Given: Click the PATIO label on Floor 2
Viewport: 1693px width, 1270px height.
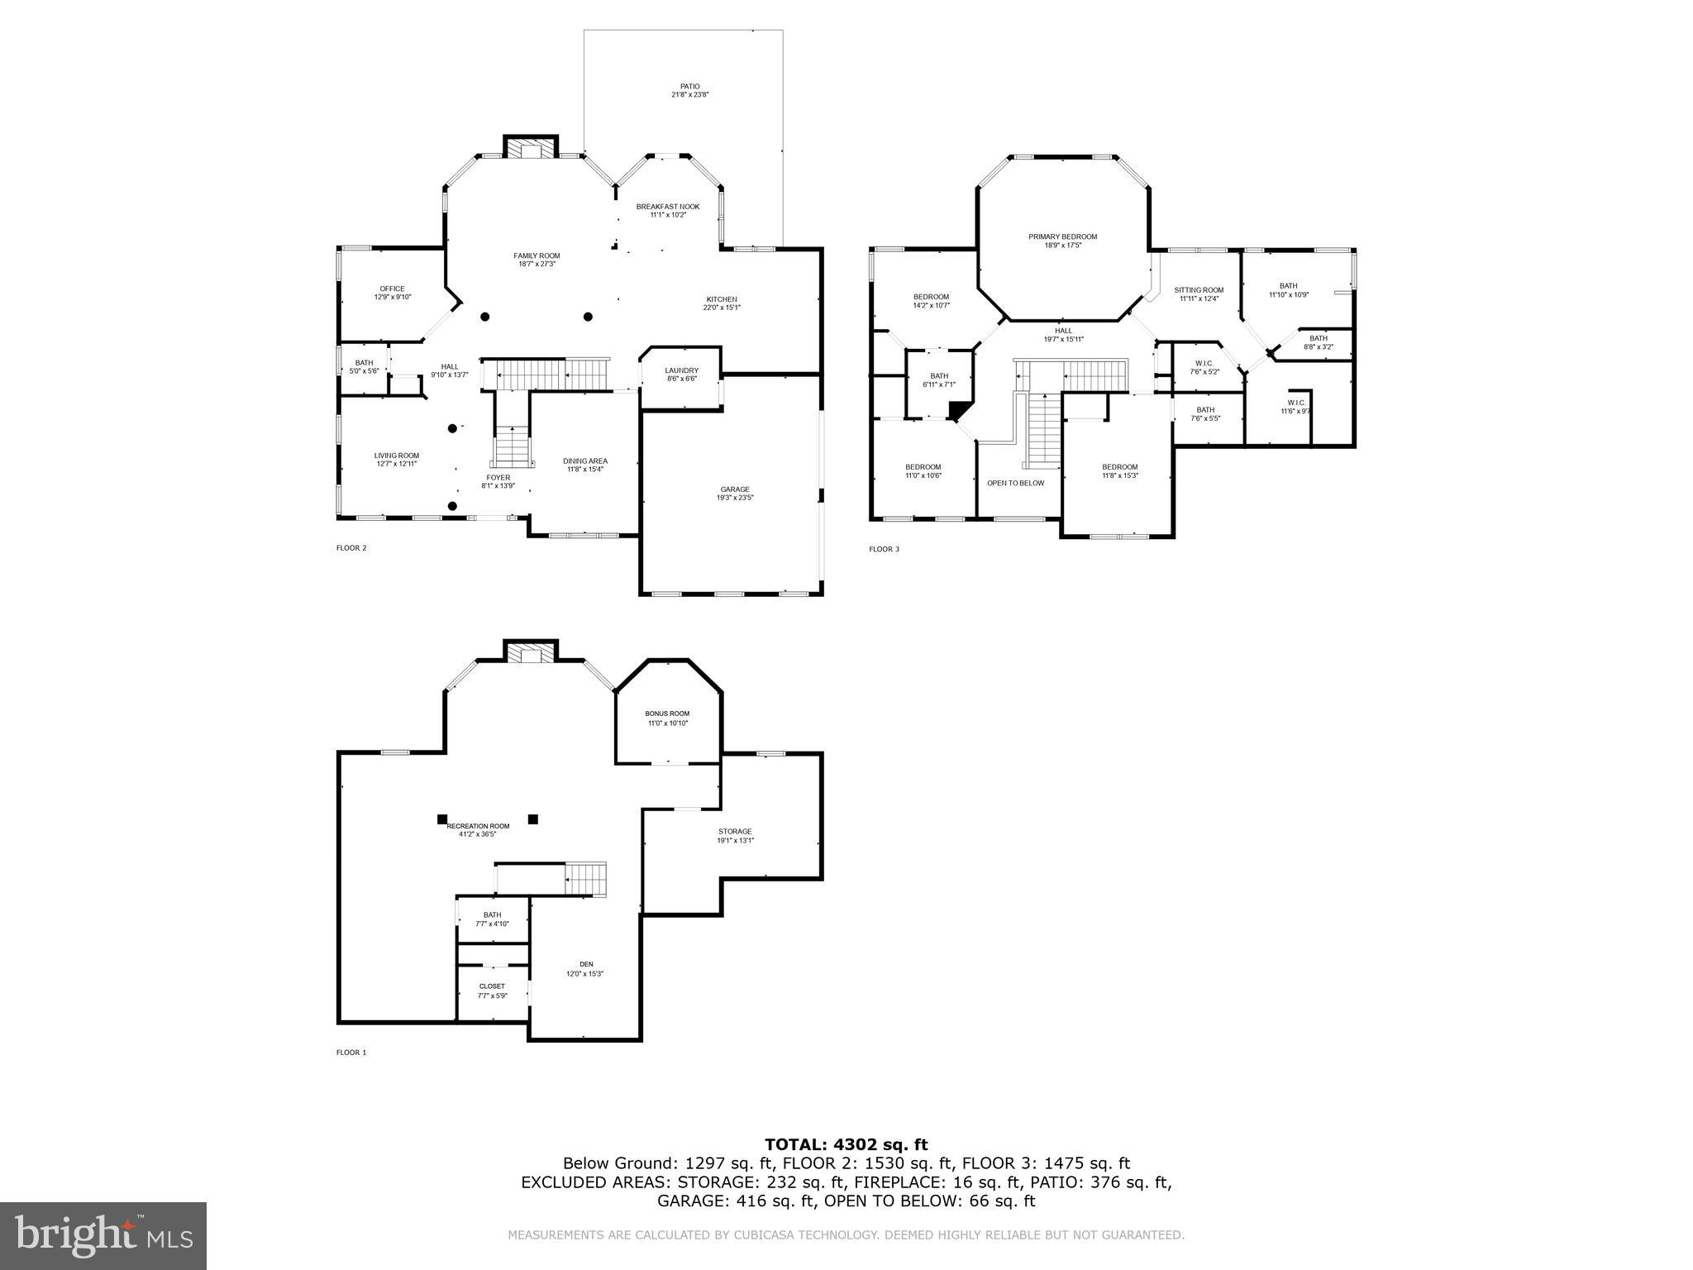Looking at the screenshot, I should pos(689,86).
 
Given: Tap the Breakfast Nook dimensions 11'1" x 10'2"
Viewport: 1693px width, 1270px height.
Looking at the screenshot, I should pos(668,215).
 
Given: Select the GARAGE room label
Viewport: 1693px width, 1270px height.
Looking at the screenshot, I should pos(735,489).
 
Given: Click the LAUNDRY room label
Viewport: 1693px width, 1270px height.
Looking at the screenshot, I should pos(681,370).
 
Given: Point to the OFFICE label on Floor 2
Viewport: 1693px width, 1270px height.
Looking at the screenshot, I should pos(392,289).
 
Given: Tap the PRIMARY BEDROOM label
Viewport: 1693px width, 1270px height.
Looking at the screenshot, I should pos(1062,236).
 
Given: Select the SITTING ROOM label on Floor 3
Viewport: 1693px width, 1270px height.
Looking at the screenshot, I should pos(1198,290).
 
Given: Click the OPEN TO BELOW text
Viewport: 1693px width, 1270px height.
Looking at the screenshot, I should pos(1015,483).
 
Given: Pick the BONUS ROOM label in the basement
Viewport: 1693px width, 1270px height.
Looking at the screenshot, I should pos(667,714).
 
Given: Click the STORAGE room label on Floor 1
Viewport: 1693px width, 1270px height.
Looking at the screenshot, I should pos(735,832).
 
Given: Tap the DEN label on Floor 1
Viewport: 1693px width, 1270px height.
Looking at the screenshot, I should pos(585,964).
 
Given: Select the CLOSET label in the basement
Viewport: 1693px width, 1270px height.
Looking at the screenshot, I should pos(492,986).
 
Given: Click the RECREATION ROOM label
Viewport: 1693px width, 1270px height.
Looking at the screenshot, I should pos(478,826).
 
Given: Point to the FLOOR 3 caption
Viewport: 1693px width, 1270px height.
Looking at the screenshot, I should pos(884,549).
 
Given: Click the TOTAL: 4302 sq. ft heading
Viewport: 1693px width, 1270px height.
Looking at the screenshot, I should pos(846,1145).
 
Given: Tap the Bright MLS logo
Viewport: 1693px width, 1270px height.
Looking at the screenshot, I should pos(103,1235).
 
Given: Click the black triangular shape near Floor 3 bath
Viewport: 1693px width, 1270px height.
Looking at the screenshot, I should pos(959,410).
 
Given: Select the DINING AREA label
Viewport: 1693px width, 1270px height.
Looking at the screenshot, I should pos(585,461).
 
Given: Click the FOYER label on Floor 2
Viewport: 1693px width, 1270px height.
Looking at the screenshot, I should pos(498,477).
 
